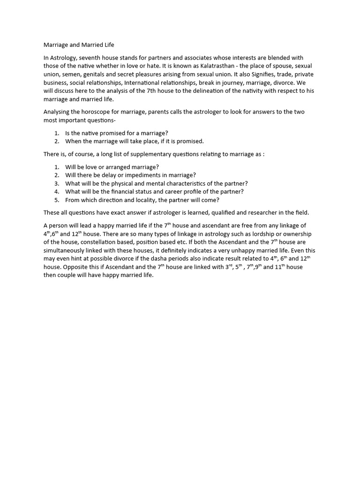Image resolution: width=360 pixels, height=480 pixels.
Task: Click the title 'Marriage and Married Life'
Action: (79, 45)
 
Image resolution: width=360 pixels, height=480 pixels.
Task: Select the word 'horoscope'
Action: (99, 112)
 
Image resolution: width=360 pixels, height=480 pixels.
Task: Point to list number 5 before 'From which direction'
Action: (57, 200)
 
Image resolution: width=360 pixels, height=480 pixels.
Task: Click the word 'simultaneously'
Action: (66, 251)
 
